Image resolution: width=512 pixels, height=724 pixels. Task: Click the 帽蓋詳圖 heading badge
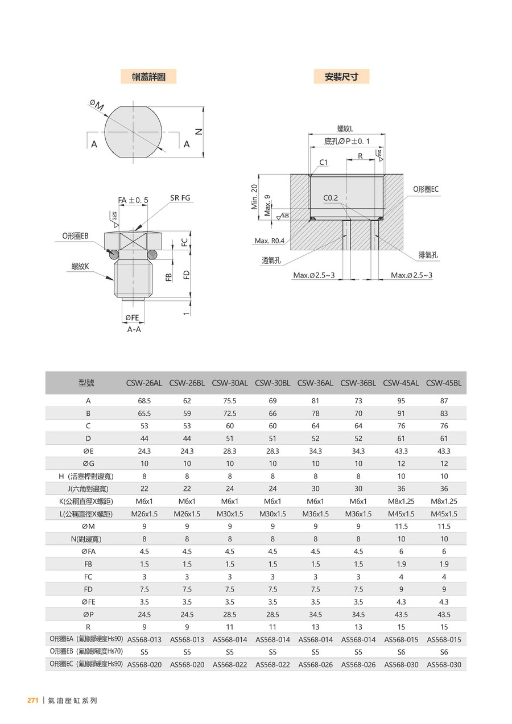(x=148, y=77)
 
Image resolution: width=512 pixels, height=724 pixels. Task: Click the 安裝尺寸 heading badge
(x=341, y=77)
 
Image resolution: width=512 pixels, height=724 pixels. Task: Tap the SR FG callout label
(x=180, y=198)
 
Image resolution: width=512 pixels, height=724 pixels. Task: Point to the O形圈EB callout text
(x=76, y=235)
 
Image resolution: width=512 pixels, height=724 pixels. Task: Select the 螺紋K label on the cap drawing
(x=80, y=266)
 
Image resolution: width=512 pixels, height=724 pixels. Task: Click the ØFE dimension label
(x=131, y=317)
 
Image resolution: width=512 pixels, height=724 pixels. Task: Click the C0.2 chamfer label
(x=331, y=198)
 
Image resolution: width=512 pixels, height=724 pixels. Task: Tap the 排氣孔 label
(x=429, y=255)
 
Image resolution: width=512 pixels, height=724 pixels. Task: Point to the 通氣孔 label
(x=272, y=260)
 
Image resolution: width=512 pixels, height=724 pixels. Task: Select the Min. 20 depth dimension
(x=255, y=197)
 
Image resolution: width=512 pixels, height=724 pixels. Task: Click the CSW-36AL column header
(x=315, y=383)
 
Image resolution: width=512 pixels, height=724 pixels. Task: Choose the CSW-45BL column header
(x=444, y=383)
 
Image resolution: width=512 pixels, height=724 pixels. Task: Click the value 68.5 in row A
(x=144, y=401)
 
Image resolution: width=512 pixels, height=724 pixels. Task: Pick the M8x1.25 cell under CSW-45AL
(x=401, y=501)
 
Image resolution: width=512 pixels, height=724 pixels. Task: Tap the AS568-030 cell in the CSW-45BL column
(x=444, y=664)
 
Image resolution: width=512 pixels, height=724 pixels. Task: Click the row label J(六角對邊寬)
(x=88, y=489)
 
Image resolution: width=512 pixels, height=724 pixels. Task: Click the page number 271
(x=32, y=701)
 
